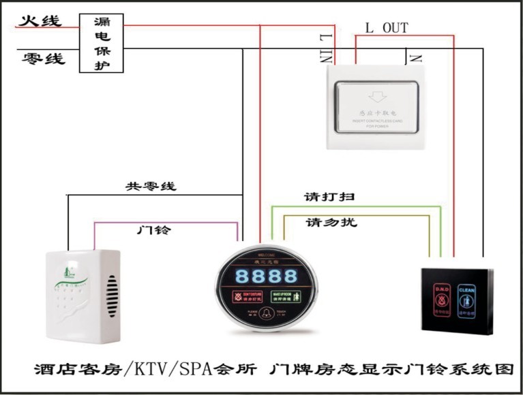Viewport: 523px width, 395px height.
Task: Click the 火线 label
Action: coord(40,20)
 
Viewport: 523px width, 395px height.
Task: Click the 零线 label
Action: coord(43,59)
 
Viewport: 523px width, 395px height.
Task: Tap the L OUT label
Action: coord(387,28)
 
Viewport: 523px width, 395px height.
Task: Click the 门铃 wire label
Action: coord(153,230)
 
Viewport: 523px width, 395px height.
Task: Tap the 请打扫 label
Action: coord(329,197)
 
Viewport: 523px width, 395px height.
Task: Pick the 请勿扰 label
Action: coord(331,223)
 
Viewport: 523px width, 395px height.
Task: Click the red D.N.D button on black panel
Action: coord(440,296)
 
